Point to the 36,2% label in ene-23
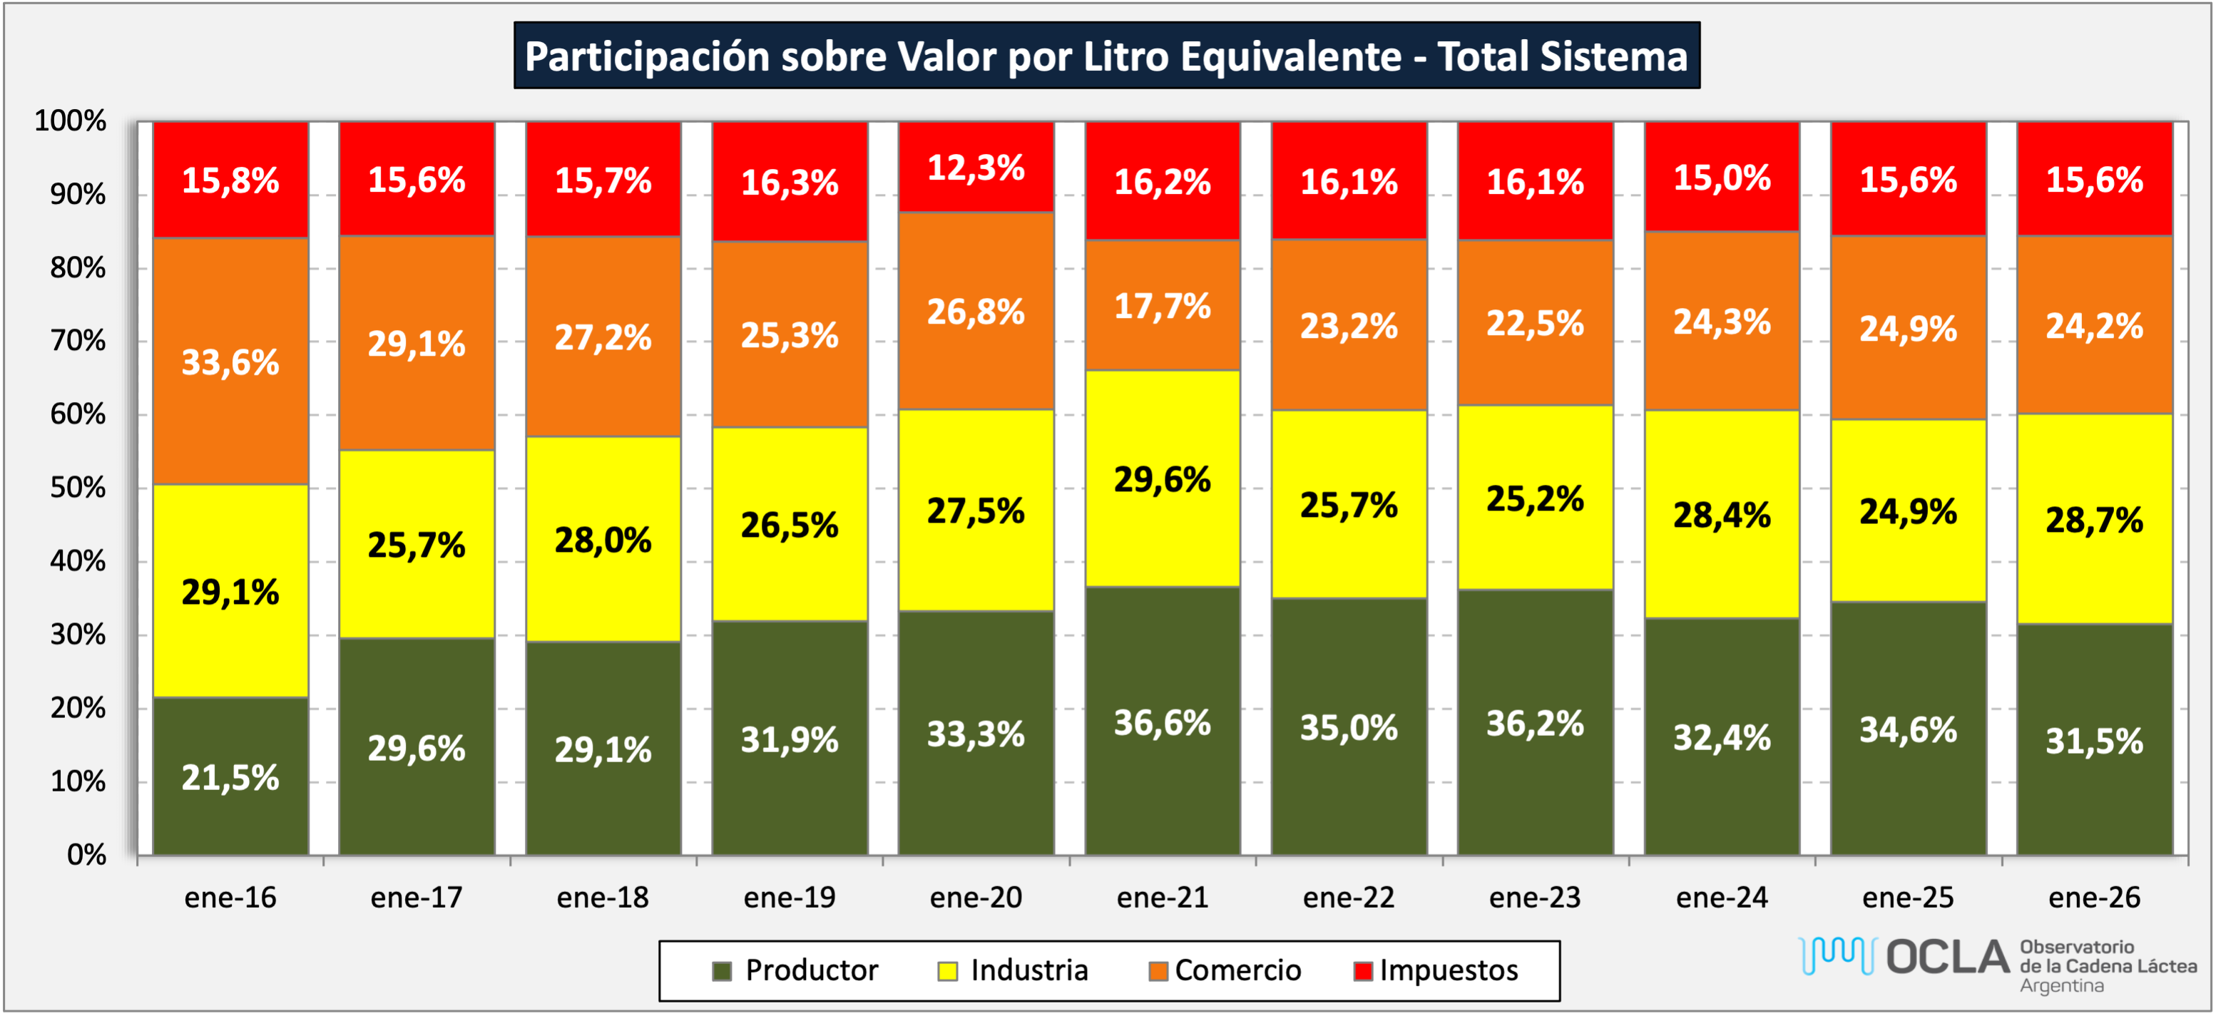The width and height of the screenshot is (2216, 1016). [x=1535, y=724]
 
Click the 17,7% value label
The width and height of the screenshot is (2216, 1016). [x=1162, y=307]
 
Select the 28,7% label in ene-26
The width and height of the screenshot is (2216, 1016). [x=2094, y=520]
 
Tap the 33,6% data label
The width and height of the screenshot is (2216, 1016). [x=230, y=362]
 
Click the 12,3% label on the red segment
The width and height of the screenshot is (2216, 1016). [x=976, y=168]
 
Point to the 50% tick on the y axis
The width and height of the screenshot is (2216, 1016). [x=78, y=488]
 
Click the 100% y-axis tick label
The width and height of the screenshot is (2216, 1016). [x=71, y=120]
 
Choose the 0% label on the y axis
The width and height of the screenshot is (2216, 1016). [x=86, y=854]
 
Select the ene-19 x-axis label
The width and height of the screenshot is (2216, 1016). [x=789, y=897]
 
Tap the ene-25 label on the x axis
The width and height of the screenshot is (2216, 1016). [x=1908, y=897]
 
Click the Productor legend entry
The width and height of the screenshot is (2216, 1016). [x=810, y=970]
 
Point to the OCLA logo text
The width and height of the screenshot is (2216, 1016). [x=1948, y=958]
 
